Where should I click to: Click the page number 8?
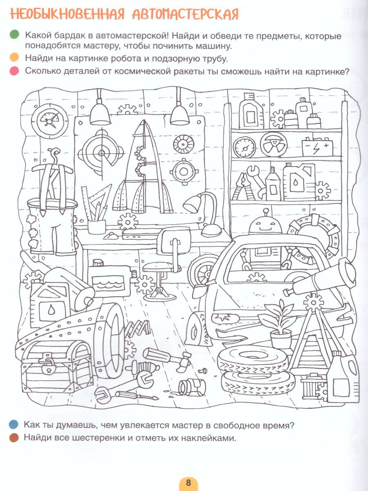pyautogui.click(x=188, y=482)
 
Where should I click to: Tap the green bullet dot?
pyautogui.click(x=14, y=35)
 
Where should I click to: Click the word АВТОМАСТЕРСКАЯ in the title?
pyautogui.click(x=185, y=15)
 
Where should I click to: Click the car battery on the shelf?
pyautogui.click(x=317, y=147)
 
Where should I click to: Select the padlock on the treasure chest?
pyautogui.click(x=48, y=367)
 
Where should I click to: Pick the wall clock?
pyautogui.click(x=49, y=121)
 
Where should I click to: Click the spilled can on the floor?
pyautogui.click(x=192, y=389)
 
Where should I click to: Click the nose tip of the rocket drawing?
pyautogui.click(x=143, y=120)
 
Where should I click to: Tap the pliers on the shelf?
pyautogui.click(x=243, y=186)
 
